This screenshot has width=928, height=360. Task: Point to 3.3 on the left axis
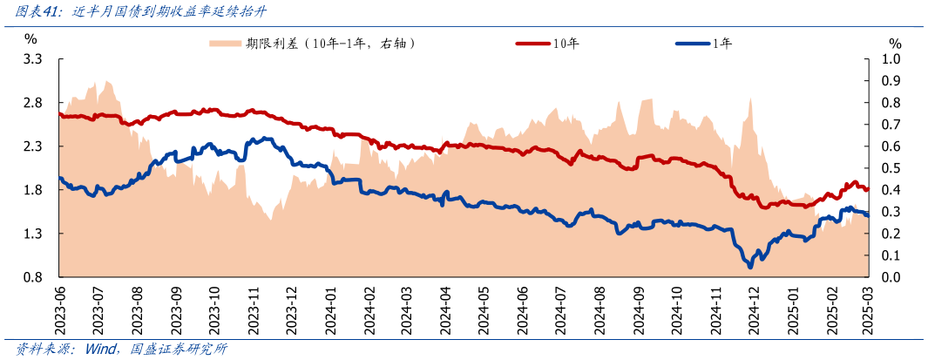[33, 59]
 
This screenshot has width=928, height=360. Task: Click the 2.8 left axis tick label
[33, 103]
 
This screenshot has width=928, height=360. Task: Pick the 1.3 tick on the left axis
[33, 234]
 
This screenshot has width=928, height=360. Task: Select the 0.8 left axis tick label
[33, 277]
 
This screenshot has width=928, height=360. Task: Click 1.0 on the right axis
[891, 59]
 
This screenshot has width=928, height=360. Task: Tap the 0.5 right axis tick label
[891, 168]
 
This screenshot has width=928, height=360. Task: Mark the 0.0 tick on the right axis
[891, 277]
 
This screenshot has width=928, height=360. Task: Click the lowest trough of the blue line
[749, 266]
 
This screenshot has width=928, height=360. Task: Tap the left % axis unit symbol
[30, 39]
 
